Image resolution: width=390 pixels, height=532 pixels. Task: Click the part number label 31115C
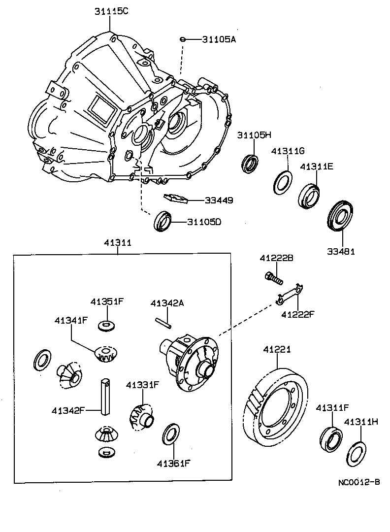click(x=111, y=11)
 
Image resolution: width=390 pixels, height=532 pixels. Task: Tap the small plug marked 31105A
click(x=183, y=39)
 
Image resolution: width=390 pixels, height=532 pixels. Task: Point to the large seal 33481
click(x=340, y=216)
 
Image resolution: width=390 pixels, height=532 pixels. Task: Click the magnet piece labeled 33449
click(x=176, y=198)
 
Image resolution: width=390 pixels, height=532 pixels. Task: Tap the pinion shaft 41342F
click(x=107, y=395)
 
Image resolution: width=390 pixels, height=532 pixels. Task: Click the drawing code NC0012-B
click(x=358, y=482)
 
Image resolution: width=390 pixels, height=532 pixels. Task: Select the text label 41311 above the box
click(x=118, y=242)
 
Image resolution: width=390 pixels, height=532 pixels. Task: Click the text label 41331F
click(x=142, y=385)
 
